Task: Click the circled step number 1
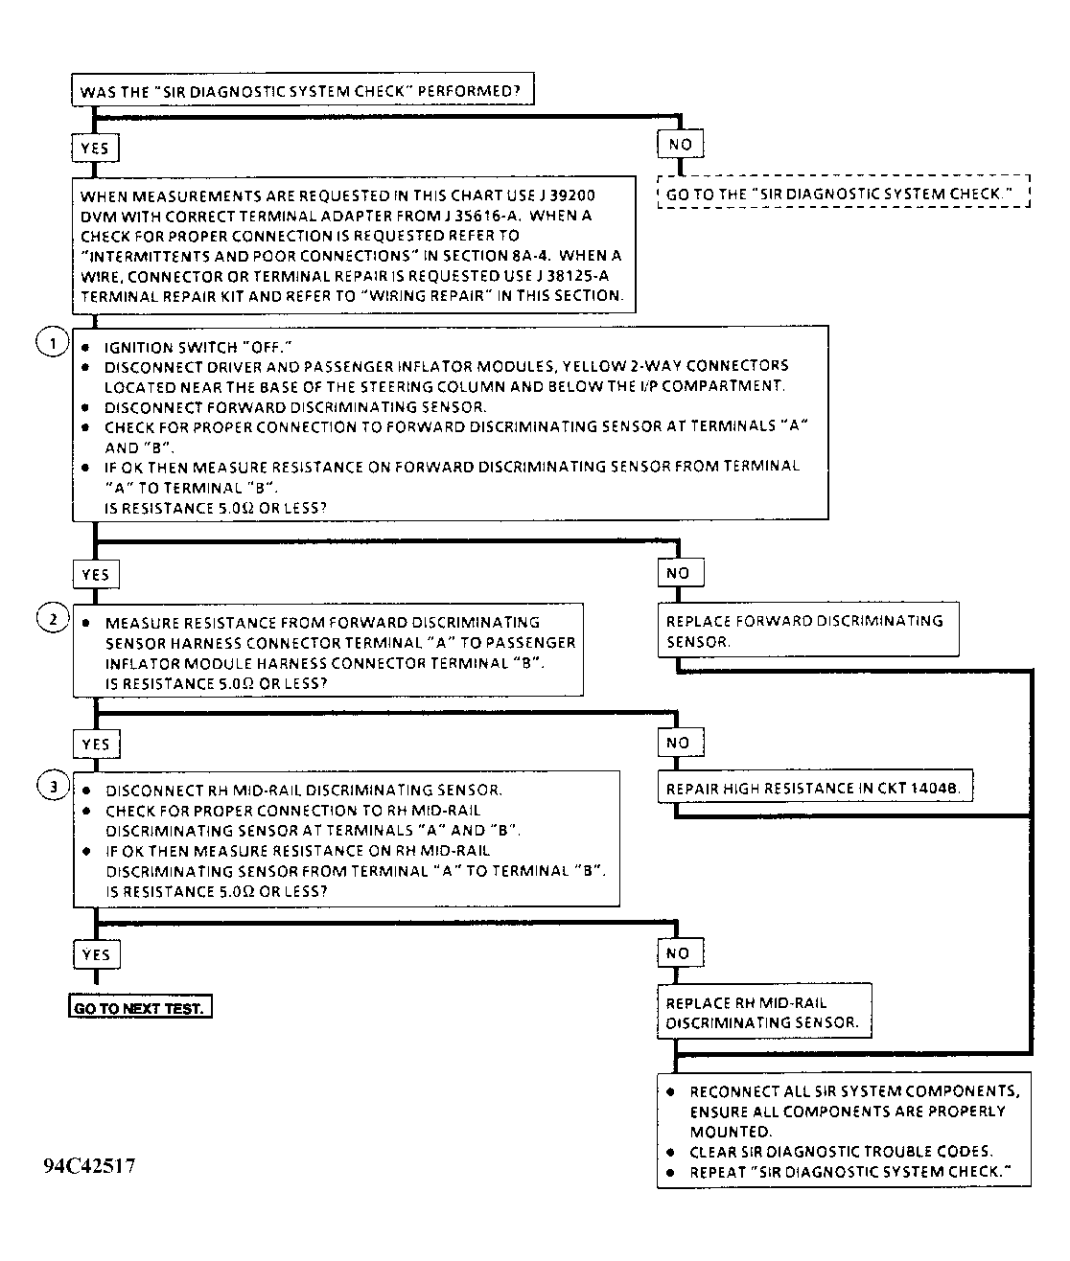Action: (52, 343)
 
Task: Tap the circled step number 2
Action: (52, 619)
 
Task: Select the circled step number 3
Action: (52, 787)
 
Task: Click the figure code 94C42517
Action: (89, 1166)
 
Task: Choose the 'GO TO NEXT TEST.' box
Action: (140, 1008)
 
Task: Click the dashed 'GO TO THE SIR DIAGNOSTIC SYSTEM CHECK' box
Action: (843, 194)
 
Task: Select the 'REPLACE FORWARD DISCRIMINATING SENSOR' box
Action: (807, 630)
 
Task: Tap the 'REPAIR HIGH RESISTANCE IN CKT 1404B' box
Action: (815, 789)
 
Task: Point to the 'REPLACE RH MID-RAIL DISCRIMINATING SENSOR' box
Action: (763, 1012)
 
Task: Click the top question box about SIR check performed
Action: (301, 92)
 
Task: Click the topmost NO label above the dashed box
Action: (680, 145)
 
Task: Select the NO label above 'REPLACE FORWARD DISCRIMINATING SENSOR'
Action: (678, 573)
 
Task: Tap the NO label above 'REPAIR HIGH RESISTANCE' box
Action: (678, 743)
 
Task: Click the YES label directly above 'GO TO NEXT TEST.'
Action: (96, 954)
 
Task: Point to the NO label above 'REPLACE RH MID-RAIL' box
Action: (678, 953)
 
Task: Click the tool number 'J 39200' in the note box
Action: (571, 195)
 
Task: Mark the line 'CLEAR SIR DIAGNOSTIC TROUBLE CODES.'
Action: (841, 1152)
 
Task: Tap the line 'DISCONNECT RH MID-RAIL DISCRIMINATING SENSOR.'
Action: (304, 791)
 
